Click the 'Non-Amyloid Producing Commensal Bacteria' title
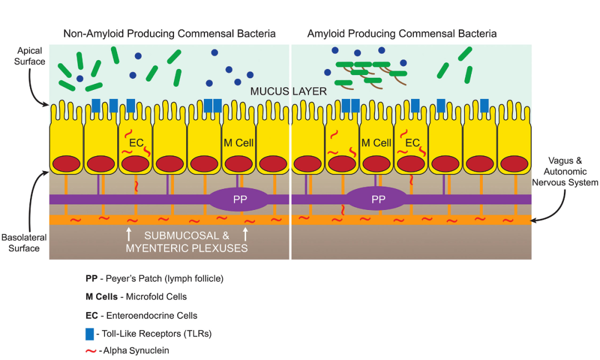(x=169, y=34)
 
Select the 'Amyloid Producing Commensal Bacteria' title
(x=402, y=34)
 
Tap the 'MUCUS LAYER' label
(x=288, y=91)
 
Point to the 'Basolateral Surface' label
(x=24, y=243)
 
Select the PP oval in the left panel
(x=239, y=199)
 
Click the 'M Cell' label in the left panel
(x=238, y=143)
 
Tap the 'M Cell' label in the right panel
(x=377, y=143)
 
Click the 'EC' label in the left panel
(x=136, y=143)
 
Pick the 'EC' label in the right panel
(x=412, y=143)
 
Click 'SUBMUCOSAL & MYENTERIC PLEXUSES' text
(x=187, y=242)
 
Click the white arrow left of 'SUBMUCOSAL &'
(x=129, y=233)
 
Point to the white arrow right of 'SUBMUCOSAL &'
(x=245, y=233)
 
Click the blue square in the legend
(x=89, y=334)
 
